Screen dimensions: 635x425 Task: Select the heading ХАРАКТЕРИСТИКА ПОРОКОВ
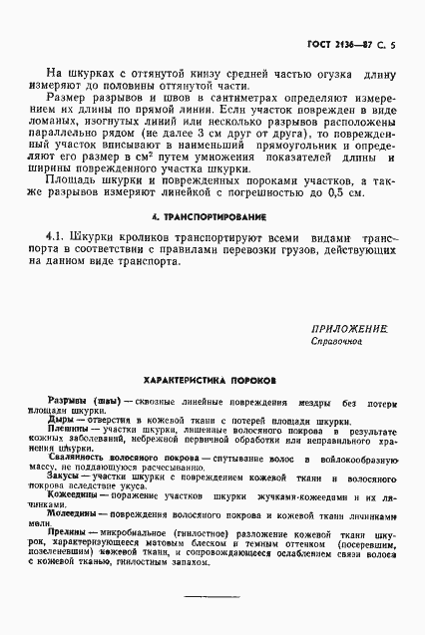click(x=211, y=380)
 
